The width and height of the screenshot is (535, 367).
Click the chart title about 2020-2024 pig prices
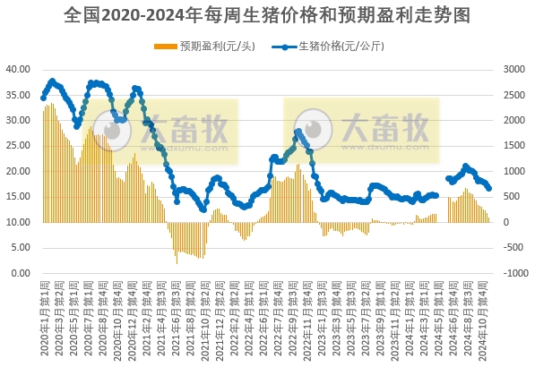(x=267, y=15)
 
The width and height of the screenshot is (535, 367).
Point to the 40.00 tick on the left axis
(x=19, y=68)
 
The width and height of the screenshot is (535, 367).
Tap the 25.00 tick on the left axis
(x=19, y=145)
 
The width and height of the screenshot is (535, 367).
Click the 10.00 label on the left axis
(x=19, y=222)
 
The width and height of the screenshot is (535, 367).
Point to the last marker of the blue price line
(x=489, y=188)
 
